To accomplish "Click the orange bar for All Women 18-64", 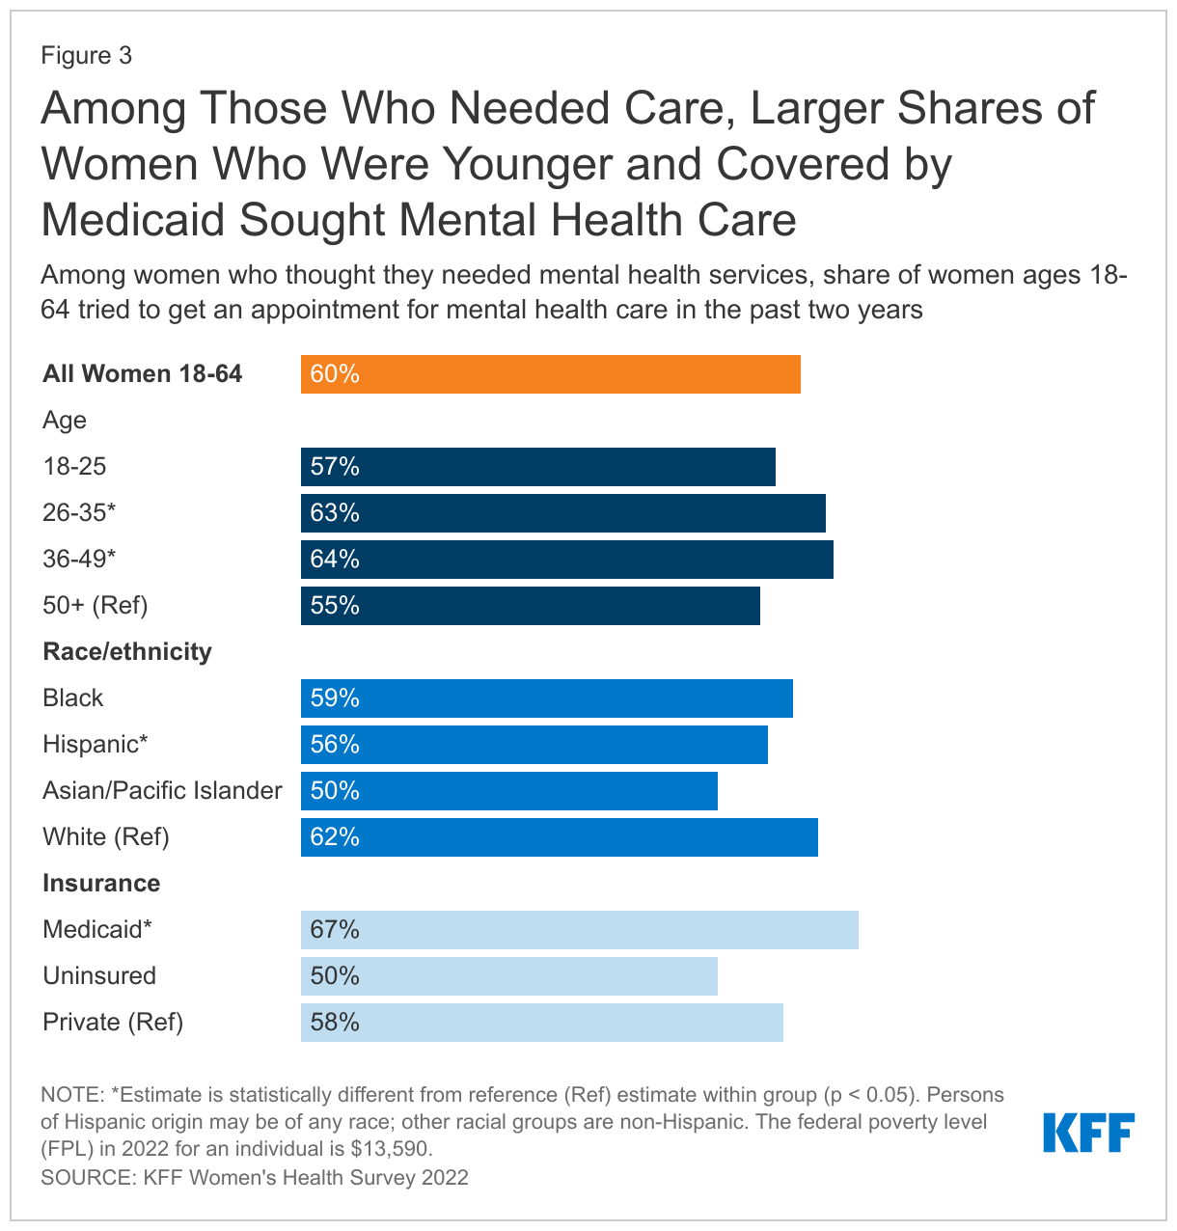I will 550,374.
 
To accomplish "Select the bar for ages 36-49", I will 566,560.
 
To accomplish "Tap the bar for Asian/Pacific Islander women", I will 508,791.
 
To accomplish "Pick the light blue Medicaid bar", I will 579,930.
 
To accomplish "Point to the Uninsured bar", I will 508,976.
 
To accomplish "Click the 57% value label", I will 335,467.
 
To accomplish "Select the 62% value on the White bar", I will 335,837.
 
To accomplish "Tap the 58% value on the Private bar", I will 335,1023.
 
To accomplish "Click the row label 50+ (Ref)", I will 96,606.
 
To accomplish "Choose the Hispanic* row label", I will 96,745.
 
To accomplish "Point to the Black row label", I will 73,698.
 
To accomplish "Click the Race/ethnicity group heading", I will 127,652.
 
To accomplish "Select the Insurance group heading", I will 101,884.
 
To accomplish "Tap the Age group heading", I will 65,421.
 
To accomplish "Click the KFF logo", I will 1088,1133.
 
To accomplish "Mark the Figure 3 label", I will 87,56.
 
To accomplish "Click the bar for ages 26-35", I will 562,513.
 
